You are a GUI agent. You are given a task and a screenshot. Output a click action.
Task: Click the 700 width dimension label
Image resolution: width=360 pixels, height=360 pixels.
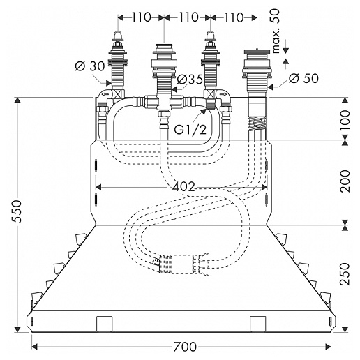click(185, 347)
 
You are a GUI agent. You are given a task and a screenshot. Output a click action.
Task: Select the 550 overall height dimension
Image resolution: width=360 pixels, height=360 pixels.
click(17, 211)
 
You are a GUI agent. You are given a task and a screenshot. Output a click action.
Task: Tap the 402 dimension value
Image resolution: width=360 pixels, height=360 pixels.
click(183, 186)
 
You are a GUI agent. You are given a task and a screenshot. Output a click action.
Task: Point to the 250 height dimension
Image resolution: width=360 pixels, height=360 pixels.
click(345, 273)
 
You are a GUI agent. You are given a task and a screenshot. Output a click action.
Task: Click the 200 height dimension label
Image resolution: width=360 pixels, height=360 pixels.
click(345, 181)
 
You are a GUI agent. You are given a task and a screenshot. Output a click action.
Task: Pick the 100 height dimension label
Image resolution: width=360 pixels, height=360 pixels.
click(345, 120)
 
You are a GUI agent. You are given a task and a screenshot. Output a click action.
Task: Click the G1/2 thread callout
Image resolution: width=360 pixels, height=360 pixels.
click(190, 130)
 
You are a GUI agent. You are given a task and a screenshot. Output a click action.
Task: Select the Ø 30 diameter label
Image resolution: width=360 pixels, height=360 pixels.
click(90, 67)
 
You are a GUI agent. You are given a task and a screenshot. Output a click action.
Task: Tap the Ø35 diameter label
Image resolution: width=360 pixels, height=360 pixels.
click(190, 80)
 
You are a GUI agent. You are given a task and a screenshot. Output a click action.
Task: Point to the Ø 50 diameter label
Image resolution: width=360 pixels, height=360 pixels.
click(303, 78)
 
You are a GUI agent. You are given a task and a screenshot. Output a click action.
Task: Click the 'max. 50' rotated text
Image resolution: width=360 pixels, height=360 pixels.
click(275, 31)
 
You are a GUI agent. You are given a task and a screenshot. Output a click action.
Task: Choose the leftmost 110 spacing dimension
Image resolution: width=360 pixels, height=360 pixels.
click(142, 17)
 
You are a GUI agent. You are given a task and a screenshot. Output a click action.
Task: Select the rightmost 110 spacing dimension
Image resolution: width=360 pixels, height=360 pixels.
click(234, 17)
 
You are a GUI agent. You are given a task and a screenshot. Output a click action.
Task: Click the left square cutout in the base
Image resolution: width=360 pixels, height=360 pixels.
click(105, 324)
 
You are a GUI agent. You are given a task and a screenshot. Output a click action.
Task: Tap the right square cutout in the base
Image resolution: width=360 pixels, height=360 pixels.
click(258, 324)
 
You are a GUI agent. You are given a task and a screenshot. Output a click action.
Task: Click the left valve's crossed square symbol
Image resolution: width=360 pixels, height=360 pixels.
click(117, 95)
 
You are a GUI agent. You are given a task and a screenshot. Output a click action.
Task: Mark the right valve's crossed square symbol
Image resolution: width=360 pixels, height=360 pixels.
click(211, 95)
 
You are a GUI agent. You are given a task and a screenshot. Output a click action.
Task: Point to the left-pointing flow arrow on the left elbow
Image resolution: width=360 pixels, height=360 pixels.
click(105, 94)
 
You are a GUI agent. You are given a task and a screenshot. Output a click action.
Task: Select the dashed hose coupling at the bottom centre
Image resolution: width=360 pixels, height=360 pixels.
click(179, 264)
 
